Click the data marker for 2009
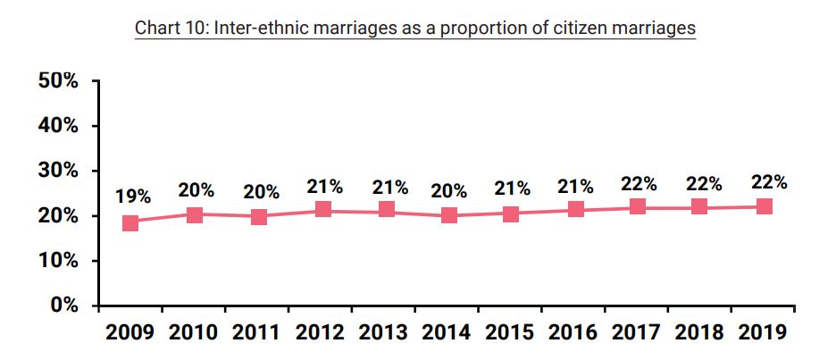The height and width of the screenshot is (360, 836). [x=130, y=222]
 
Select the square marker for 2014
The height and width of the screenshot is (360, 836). [x=448, y=215]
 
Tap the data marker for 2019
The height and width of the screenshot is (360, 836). [x=765, y=206]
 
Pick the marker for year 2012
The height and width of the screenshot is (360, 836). [x=322, y=210]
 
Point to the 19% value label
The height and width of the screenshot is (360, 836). [x=133, y=197]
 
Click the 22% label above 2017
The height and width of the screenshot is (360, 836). [x=640, y=184]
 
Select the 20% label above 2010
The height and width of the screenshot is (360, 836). [x=196, y=189]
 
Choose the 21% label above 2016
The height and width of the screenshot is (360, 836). [x=576, y=187]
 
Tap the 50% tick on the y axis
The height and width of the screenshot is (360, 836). [x=58, y=81]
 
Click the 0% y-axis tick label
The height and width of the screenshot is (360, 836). [x=63, y=306]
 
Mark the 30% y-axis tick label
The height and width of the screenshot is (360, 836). [x=58, y=171]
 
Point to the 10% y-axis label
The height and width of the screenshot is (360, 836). [x=58, y=261]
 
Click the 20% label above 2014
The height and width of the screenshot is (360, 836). [x=449, y=190]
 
